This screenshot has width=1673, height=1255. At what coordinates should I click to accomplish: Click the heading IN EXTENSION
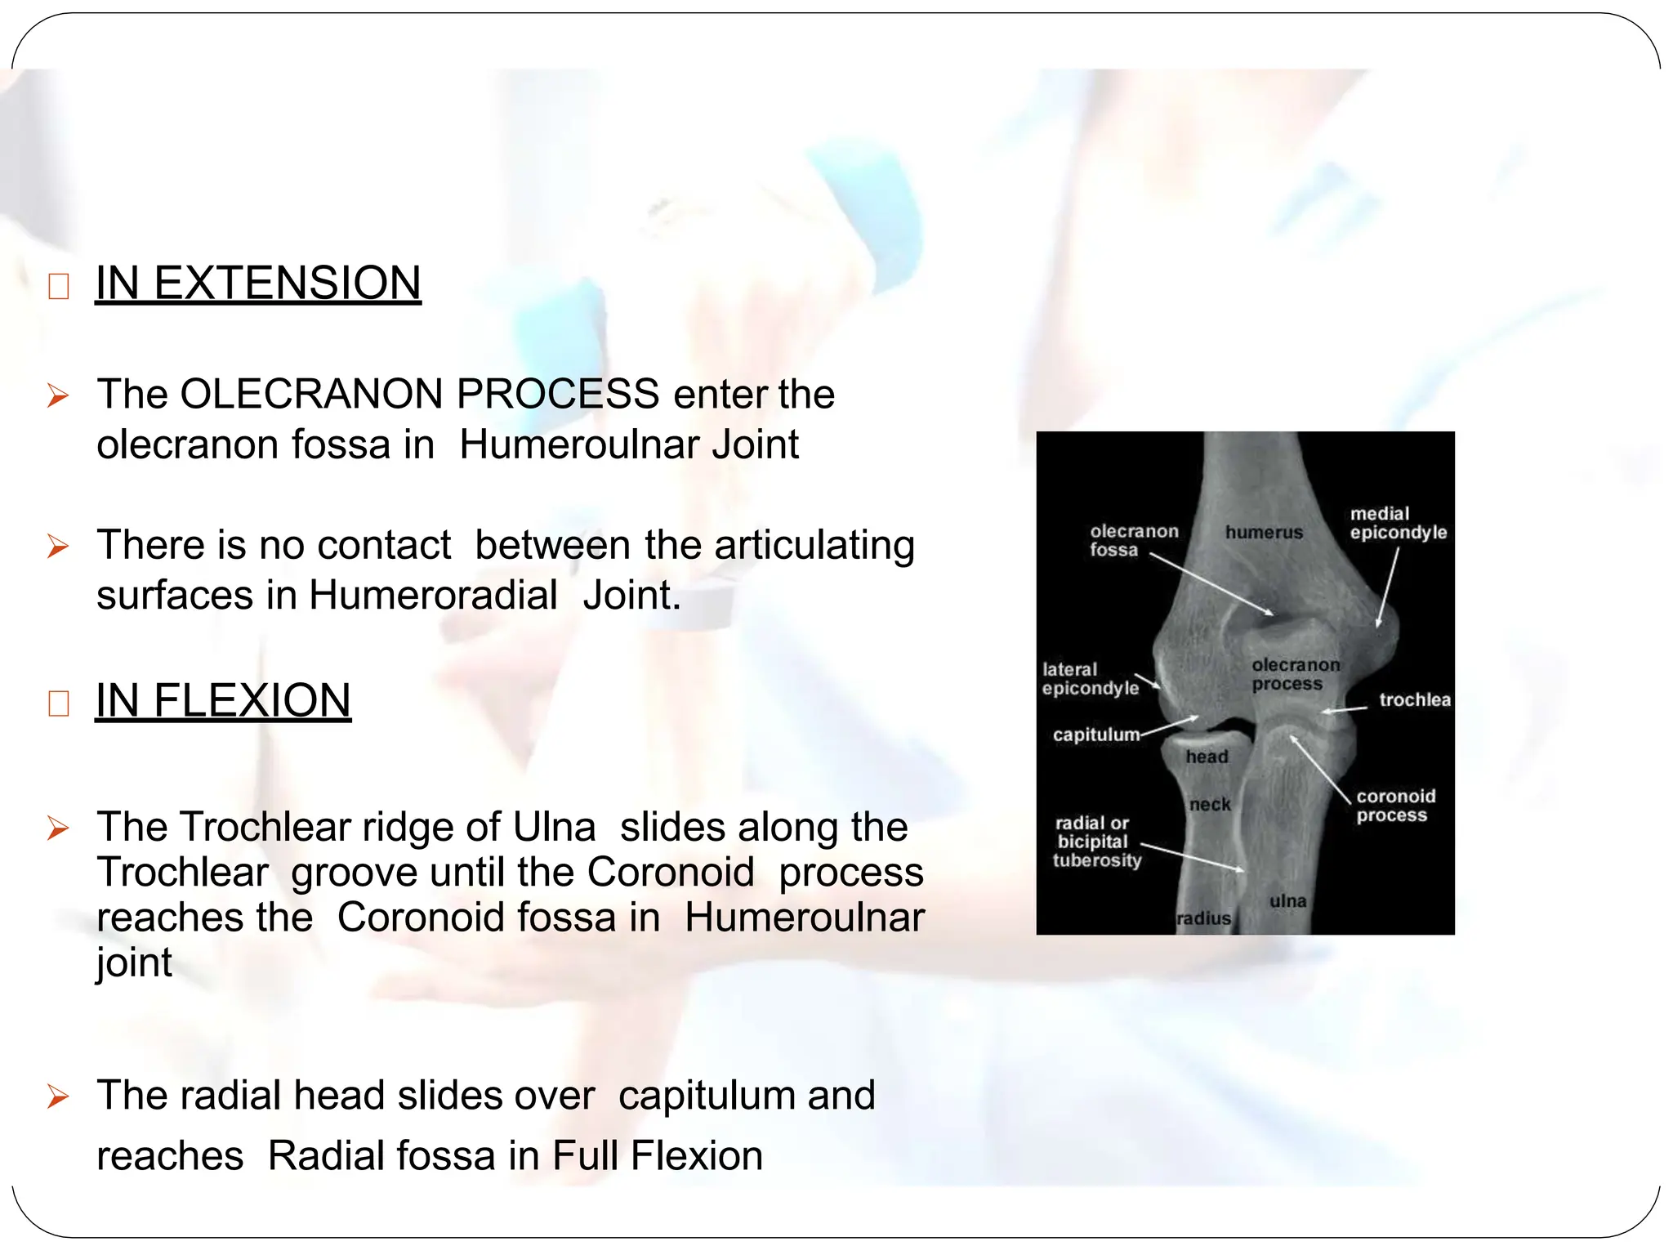[x=258, y=283]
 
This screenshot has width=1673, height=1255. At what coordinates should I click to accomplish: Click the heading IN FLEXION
[x=223, y=700]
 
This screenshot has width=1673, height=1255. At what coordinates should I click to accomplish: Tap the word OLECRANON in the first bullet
[x=310, y=394]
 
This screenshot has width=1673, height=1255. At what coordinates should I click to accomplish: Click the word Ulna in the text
[x=554, y=827]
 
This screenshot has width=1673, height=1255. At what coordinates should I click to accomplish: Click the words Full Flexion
[x=658, y=1155]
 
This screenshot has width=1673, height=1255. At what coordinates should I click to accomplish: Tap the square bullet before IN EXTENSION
[x=58, y=287]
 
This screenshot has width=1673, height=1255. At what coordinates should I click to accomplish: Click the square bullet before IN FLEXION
[x=58, y=703]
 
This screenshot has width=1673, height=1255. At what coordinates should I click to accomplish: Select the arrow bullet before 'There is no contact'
[x=58, y=546]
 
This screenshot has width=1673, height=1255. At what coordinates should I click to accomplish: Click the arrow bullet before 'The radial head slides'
[x=58, y=1096]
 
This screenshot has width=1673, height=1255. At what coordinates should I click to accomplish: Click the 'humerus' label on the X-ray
[x=1264, y=533]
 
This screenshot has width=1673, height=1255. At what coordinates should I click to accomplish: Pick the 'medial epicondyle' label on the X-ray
[x=1398, y=523]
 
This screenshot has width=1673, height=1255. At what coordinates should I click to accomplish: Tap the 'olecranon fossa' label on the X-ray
[x=1133, y=540]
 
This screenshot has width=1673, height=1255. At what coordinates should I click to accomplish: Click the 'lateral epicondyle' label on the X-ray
[x=1090, y=679]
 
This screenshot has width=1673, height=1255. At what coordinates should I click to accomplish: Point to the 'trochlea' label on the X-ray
[x=1414, y=699]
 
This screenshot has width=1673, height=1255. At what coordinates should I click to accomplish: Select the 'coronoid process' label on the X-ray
[x=1395, y=806]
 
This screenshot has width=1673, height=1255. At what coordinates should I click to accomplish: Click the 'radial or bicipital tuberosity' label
[x=1095, y=842]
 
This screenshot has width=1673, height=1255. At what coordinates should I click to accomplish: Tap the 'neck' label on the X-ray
[x=1210, y=805]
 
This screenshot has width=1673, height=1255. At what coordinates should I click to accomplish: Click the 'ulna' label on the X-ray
[x=1287, y=901]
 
